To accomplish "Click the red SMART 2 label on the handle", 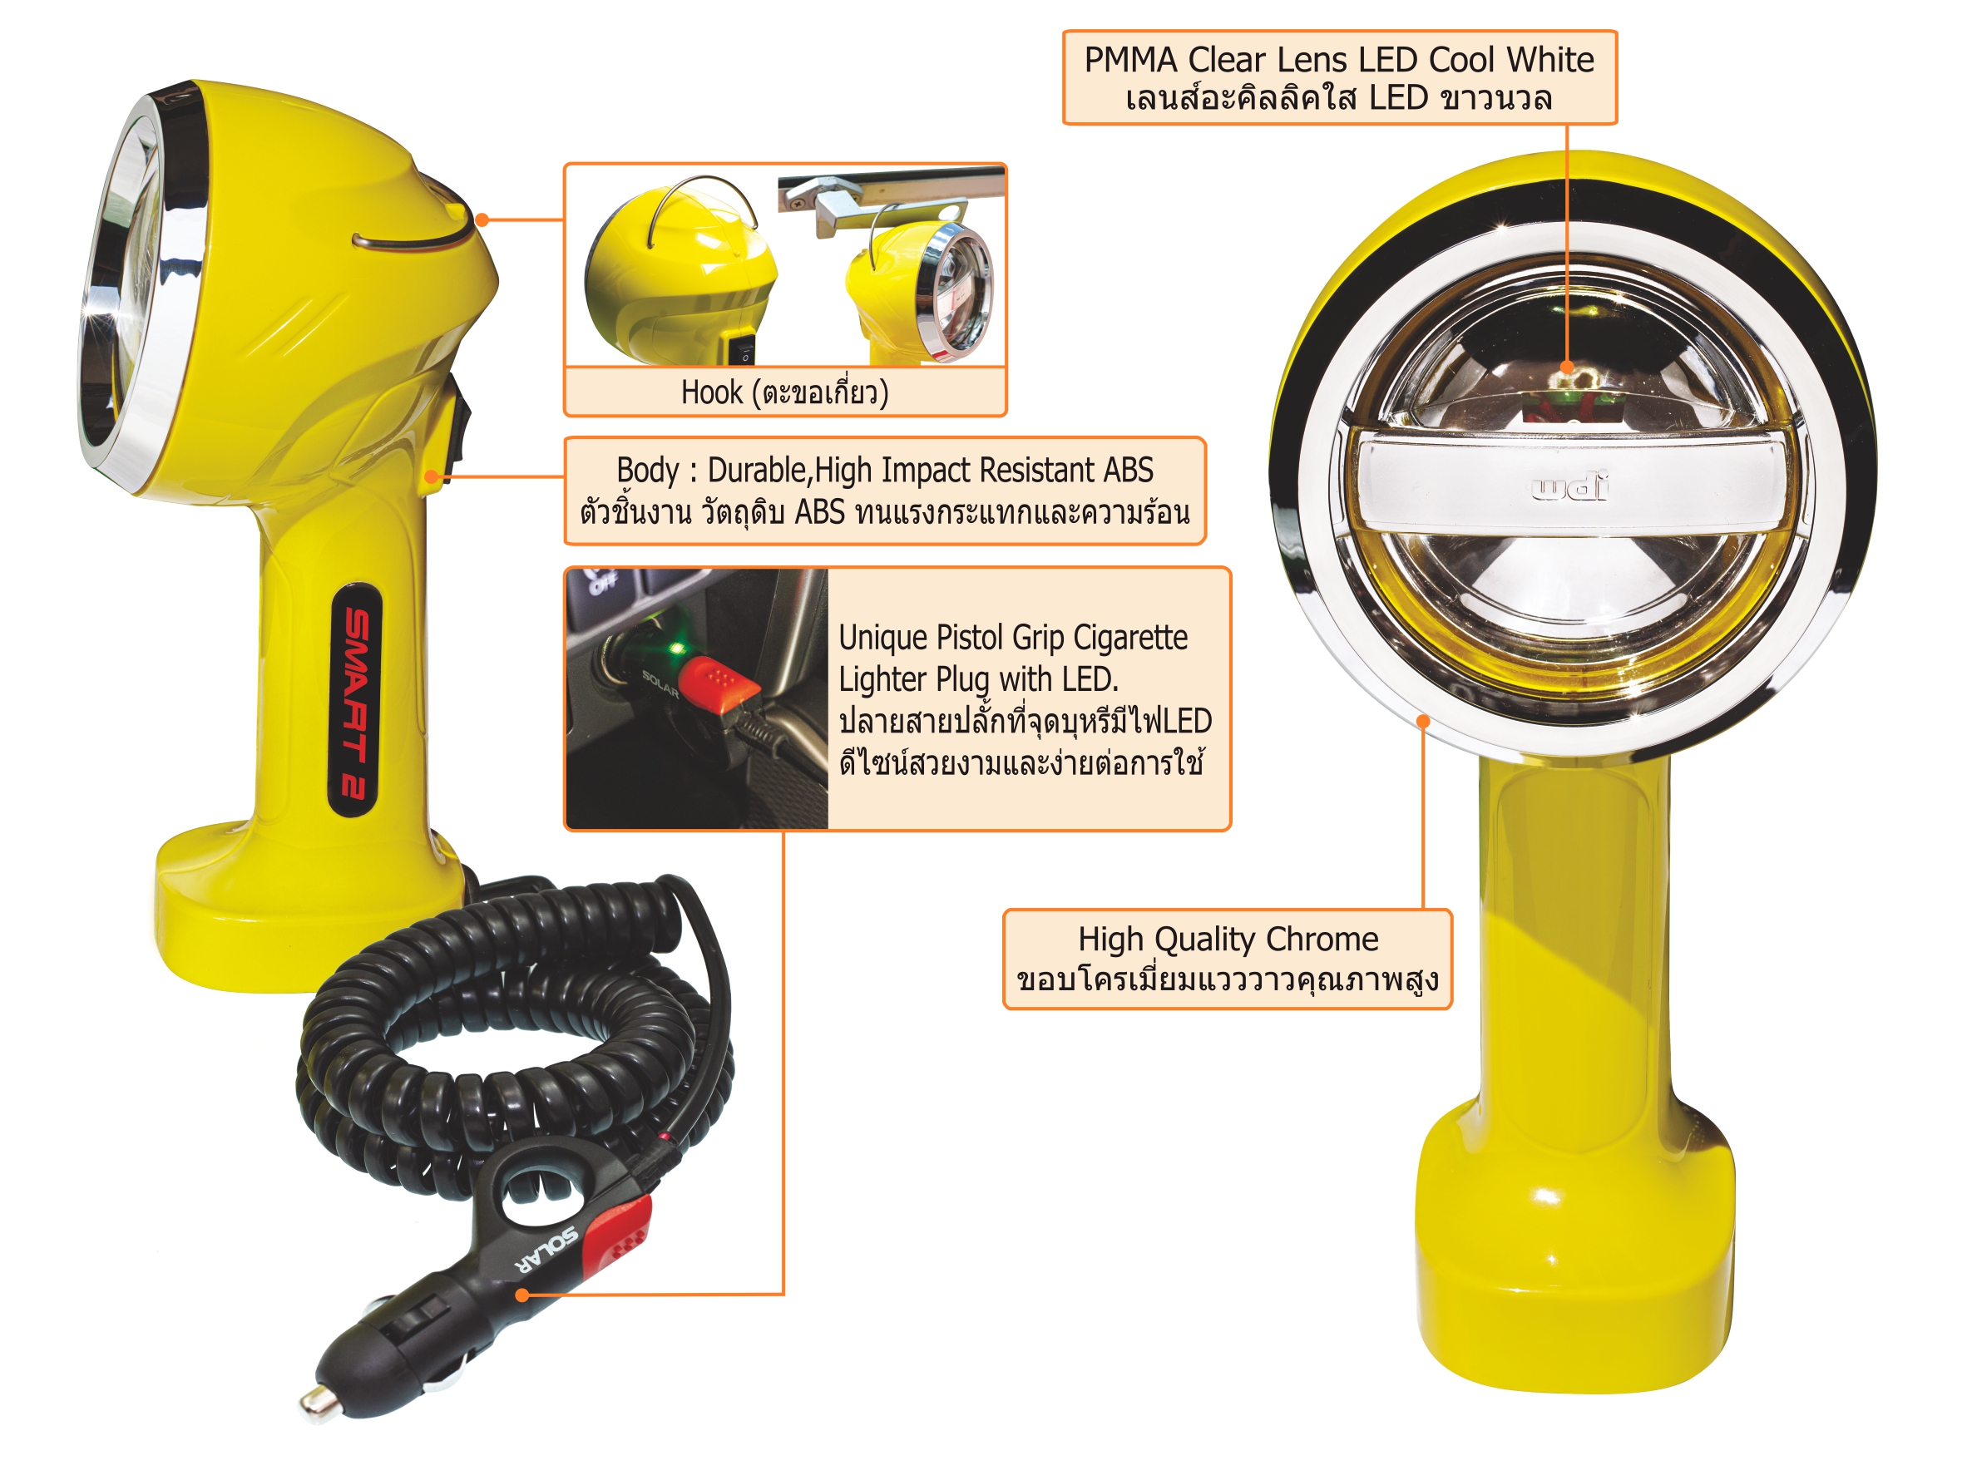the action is click(357, 701).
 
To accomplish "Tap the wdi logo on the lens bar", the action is click(1570, 488).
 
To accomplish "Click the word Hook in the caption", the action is click(711, 392).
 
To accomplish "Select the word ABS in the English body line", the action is click(1129, 470).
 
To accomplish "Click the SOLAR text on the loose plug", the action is click(549, 1251).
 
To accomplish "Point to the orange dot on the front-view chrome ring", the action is click(1424, 721).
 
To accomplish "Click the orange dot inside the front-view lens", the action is click(1567, 368).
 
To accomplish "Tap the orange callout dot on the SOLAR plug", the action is click(523, 1295).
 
